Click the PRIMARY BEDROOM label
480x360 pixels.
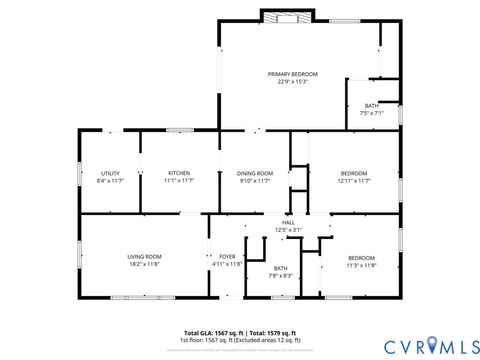click(x=292, y=74)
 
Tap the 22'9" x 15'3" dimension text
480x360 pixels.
click(x=292, y=82)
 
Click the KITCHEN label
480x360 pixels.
click(x=179, y=173)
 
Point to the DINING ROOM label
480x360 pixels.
click(x=255, y=173)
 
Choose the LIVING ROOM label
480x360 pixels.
click(x=144, y=257)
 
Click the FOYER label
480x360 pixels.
click(x=227, y=257)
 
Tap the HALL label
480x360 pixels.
click(x=288, y=222)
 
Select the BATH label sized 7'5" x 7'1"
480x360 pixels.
click(x=371, y=106)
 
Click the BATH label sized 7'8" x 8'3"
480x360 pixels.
click(x=280, y=267)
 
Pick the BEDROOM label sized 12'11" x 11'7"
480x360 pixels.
click(x=354, y=173)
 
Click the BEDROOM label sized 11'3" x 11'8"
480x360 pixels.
click(x=361, y=257)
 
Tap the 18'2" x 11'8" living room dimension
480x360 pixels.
click(x=144, y=265)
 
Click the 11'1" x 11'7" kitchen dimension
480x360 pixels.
click(x=179, y=181)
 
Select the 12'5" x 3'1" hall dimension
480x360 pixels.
click(x=288, y=230)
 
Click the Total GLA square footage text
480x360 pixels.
click(x=240, y=332)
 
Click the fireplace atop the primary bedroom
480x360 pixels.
click(x=279, y=16)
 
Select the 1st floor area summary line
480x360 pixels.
click(x=240, y=339)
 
